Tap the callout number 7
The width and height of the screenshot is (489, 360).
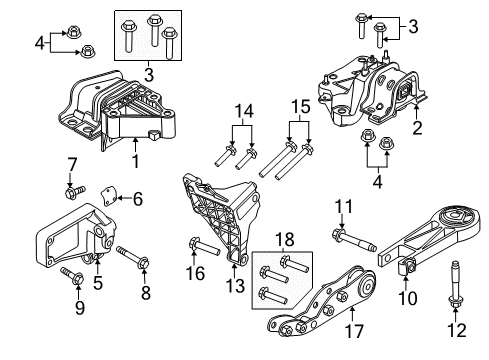click(71, 163)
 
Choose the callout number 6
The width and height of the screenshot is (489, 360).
click(138, 200)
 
